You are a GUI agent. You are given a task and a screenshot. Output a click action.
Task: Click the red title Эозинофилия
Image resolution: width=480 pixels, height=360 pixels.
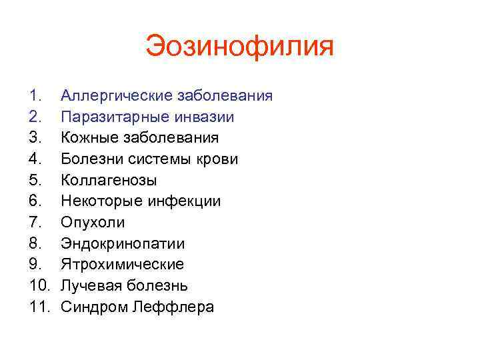coord(240,47)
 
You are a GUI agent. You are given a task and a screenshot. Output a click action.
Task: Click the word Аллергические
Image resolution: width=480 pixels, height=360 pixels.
coord(117,96)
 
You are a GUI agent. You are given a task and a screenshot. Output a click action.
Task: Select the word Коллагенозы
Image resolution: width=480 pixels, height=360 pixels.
coord(109,181)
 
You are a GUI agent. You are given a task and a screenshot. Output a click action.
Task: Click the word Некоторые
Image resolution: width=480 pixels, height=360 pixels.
coord(100,201)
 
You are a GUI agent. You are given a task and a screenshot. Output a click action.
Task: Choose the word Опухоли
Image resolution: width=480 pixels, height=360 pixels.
coord(93,223)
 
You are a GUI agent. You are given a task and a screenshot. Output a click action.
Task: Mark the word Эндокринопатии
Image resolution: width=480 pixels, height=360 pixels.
coord(123,244)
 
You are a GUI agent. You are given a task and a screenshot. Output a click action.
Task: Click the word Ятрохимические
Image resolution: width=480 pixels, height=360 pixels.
coord(122,265)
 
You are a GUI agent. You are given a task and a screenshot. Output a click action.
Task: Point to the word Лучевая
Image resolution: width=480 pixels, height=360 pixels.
coord(90,286)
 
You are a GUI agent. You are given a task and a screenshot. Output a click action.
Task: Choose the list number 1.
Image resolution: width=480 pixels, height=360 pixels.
coord(35,96)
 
